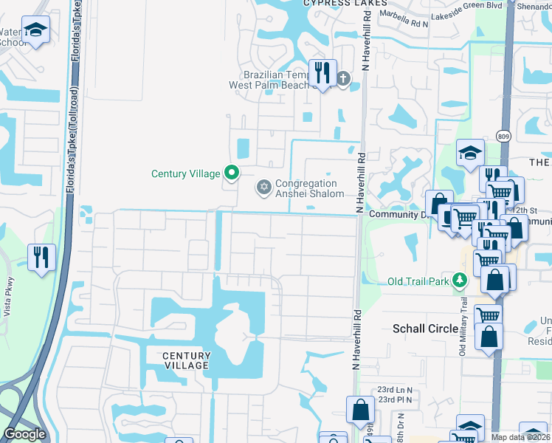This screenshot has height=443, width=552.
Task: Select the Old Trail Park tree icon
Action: pyautogui.click(x=460, y=281)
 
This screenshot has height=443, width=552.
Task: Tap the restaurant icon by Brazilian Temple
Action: pyautogui.click(x=322, y=72)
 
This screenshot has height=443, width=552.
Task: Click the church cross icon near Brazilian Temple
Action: pyautogui.click(x=343, y=78)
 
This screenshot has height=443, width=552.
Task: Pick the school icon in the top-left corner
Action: pyautogui.click(x=35, y=30)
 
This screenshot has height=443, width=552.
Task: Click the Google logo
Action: pyautogui.click(x=24, y=434)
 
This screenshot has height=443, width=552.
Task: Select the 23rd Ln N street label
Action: pyautogui.click(x=394, y=389)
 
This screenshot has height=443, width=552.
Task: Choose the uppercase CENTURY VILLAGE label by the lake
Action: pyautogui.click(x=187, y=361)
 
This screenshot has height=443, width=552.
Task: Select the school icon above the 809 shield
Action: pyautogui.click(x=469, y=153)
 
